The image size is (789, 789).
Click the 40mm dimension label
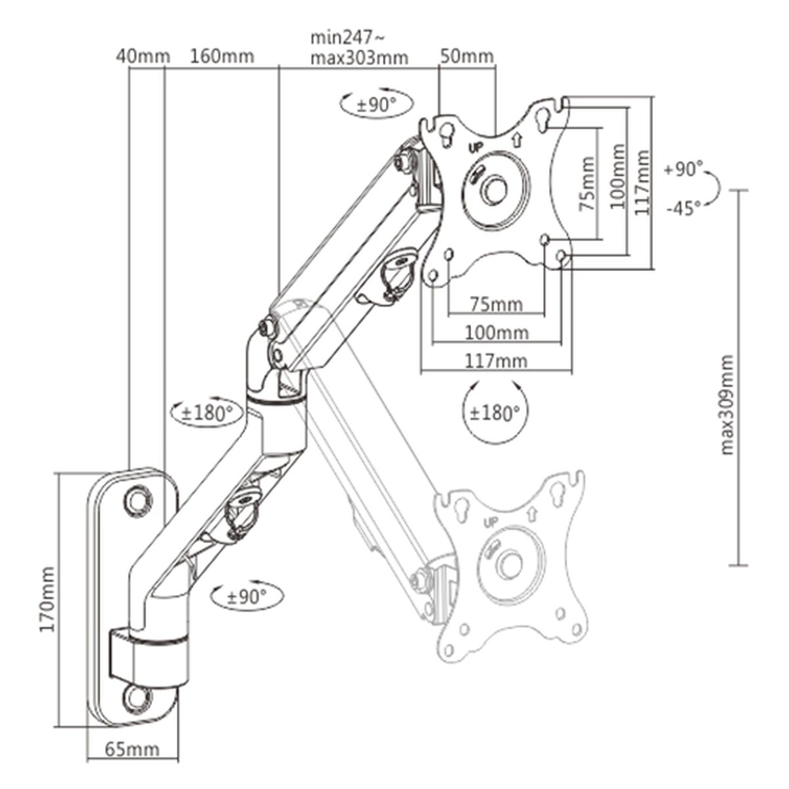click(x=143, y=56)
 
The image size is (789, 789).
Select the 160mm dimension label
click(x=222, y=56)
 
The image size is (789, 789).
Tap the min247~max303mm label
click(x=359, y=48)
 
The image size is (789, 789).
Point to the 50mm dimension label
click(x=467, y=56)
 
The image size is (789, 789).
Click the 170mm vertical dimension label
click(x=47, y=600)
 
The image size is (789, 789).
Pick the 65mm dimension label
click(x=132, y=767)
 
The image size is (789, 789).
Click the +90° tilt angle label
click(x=683, y=169)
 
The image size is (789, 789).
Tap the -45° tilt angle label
click(x=683, y=209)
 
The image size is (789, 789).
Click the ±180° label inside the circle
click(x=494, y=413)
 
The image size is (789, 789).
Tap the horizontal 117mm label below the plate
click(x=496, y=360)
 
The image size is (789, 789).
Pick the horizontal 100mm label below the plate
click(x=496, y=332)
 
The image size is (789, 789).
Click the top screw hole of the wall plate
click(x=138, y=499)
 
